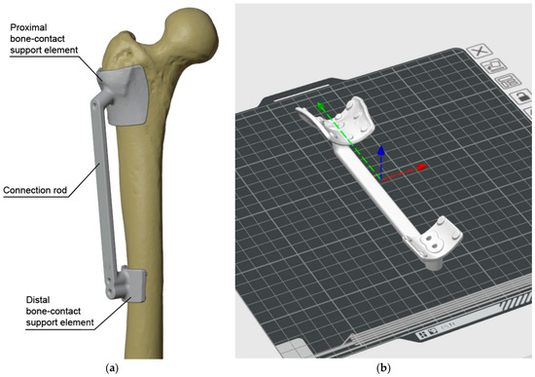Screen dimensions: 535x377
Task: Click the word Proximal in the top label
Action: [28, 27]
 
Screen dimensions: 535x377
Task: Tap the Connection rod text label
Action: [35, 190]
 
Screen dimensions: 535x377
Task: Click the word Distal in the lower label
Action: [38, 300]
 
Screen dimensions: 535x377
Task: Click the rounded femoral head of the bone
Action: [192, 30]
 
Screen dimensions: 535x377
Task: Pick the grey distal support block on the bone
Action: [130, 286]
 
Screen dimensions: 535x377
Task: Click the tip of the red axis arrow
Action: [427, 166]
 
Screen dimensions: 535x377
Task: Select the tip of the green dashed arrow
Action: [318, 103]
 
